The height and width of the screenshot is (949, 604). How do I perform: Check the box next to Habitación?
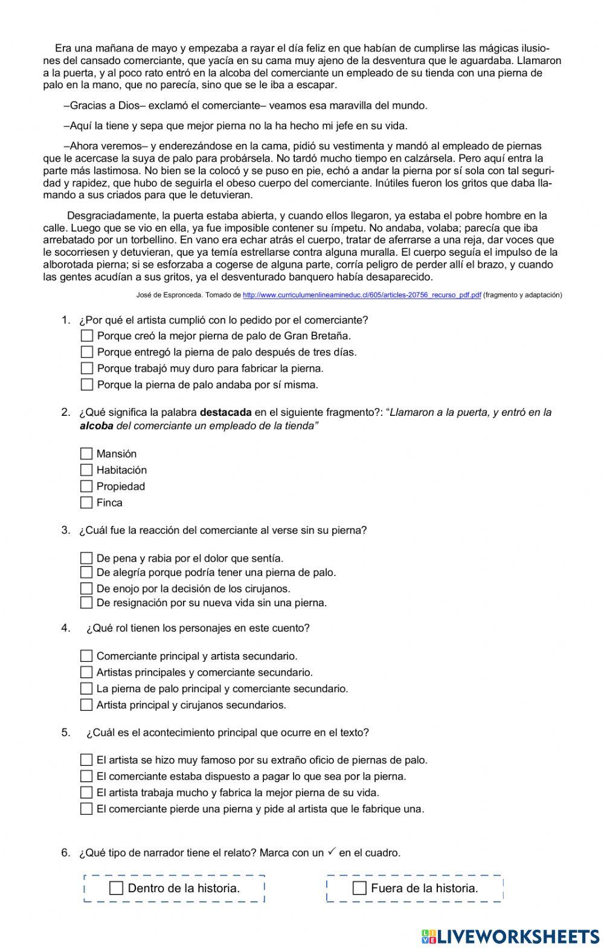click(86, 470)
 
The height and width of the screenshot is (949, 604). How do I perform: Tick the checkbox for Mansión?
click(86, 453)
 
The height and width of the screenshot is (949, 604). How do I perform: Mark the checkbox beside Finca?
click(86, 502)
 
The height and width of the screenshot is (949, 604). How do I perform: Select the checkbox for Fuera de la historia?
click(359, 888)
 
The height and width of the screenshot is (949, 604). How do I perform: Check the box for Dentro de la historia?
click(117, 888)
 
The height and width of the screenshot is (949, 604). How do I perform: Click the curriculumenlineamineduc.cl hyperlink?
click(362, 295)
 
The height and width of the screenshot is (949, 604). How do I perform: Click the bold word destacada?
click(225, 412)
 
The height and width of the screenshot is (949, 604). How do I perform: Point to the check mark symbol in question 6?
click(332, 852)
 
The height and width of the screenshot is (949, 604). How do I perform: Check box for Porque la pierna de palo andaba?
click(87, 384)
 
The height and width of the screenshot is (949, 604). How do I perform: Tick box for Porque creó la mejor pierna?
click(87, 335)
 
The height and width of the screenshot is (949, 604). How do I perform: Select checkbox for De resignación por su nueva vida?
click(86, 602)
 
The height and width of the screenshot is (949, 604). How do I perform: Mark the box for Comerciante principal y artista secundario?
click(86, 656)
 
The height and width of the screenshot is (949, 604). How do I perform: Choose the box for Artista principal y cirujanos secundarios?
click(86, 704)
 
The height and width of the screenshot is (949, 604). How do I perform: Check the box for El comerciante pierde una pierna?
click(86, 809)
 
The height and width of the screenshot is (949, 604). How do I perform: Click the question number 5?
click(66, 732)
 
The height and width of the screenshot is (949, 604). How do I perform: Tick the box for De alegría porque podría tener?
click(86, 572)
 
